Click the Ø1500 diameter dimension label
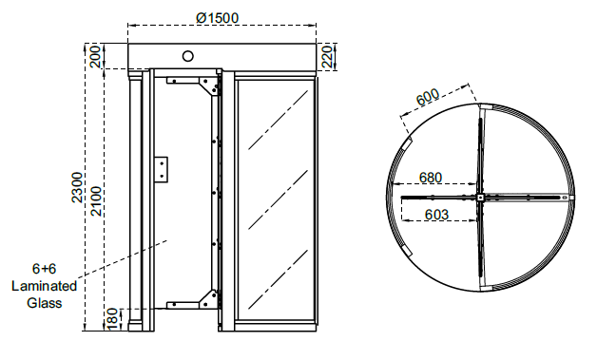[x=218, y=17]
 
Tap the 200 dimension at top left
[x=96, y=56]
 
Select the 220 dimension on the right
[x=328, y=57]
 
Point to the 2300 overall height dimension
[x=77, y=187]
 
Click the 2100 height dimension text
[x=96, y=201]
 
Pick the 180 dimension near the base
[x=113, y=319]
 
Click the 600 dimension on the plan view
[x=428, y=98]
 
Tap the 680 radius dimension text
[x=431, y=178]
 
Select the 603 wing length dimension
[x=436, y=215]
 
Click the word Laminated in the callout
[x=44, y=286]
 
